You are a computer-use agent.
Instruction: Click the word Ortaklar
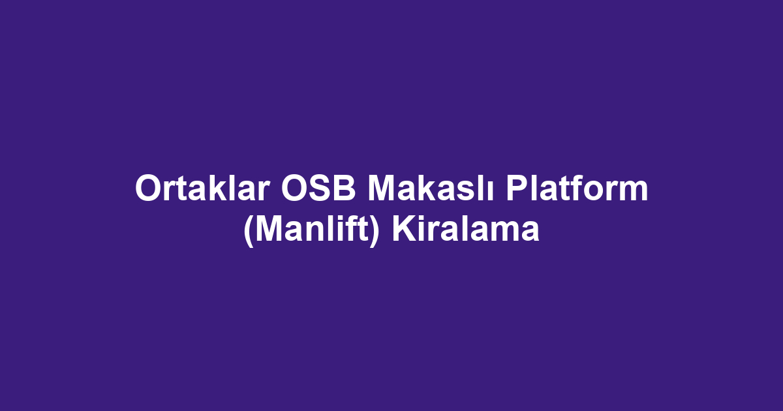(x=202, y=188)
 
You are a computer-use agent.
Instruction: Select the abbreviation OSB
(x=318, y=188)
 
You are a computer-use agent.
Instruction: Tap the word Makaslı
(x=431, y=187)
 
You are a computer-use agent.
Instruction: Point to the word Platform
(x=577, y=187)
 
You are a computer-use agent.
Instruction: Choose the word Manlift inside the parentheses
(x=312, y=228)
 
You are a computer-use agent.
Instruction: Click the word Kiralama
(x=466, y=228)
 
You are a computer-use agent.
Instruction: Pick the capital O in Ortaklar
(x=149, y=188)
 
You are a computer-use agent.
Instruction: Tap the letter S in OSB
(x=318, y=188)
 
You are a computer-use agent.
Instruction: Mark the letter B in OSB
(x=345, y=188)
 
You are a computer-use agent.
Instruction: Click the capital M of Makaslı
(x=382, y=188)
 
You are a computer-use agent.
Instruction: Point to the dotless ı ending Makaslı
(x=490, y=191)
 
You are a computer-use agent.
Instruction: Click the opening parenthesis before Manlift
(x=249, y=232)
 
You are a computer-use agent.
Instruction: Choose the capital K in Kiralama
(x=404, y=228)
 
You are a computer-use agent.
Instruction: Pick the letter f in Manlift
(x=350, y=228)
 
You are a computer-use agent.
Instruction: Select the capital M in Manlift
(x=270, y=228)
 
